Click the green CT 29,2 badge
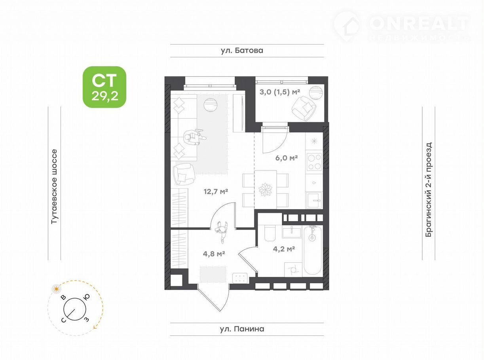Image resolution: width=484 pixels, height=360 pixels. click(x=104, y=87)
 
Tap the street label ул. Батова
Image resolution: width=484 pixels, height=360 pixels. click(x=242, y=51)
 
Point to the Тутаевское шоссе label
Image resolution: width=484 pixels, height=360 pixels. click(x=54, y=186)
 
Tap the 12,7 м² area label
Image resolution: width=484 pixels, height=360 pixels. click(x=216, y=192)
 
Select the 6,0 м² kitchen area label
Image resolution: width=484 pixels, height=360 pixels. click(x=287, y=158)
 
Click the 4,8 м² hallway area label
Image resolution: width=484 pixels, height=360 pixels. click(x=214, y=254)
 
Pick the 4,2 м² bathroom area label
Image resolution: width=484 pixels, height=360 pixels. click(x=284, y=249)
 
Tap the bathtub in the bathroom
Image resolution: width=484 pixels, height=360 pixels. click(x=313, y=250)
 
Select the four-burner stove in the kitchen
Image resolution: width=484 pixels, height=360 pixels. click(x=314, y=162)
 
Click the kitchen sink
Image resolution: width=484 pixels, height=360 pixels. click(x=315, y=200)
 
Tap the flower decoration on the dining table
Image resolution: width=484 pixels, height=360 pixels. click(x=265, y=189)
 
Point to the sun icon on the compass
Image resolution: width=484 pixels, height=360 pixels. click(x=57, y=289)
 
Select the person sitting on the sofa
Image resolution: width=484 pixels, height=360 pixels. click(x=194, y=137)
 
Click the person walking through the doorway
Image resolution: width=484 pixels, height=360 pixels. click(x=222, y=232)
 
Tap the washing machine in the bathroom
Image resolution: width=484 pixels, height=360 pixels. click(x=293, y=270)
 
